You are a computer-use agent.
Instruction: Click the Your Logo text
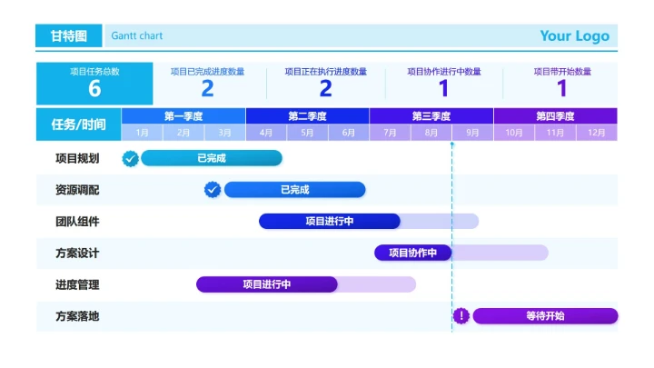pos(574,36)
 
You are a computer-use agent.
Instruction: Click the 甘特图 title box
pos(69,36)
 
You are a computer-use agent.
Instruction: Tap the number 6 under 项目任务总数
pos(94,88)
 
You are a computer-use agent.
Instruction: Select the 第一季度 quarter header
pos(183,116)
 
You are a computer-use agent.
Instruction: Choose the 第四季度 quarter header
pos(555,116)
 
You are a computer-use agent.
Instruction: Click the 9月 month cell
pos(472,133)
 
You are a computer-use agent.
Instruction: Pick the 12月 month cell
pos(597,133)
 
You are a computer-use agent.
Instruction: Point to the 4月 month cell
pos(266,133)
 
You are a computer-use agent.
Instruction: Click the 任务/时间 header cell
pos(79,124)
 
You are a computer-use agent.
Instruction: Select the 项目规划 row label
pos(77,159)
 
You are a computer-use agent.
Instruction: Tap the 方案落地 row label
pos(77,316)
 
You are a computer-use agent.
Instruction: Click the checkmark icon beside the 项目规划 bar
pos(131,159)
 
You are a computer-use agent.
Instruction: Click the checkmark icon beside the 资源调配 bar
pos(213,190)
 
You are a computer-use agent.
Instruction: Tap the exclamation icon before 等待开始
pos(461,316)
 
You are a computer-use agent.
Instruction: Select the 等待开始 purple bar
pos(545,316)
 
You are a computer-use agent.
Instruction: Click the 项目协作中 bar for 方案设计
pos(413,253)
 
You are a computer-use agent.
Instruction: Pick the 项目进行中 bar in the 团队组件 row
pos(330,221)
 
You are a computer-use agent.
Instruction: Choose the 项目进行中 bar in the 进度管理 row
pos(267,284)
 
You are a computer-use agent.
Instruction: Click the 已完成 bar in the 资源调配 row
pos(294,190)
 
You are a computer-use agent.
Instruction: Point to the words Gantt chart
pos(137,36)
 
